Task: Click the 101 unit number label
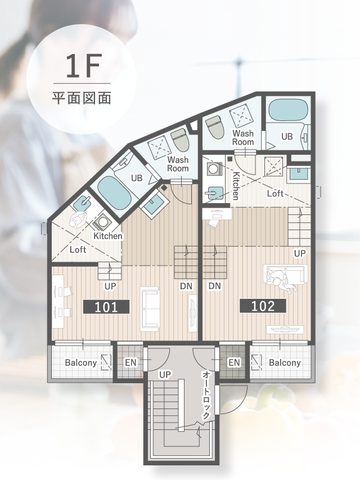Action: click(106, 307)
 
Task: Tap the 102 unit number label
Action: click(263, 306)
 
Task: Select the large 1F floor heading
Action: click(82, 66)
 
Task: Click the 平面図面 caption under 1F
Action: click(82, 98)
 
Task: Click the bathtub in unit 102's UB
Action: click(287, 109)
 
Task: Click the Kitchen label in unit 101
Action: click(108, 236)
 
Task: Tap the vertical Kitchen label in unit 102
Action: click(236, 186)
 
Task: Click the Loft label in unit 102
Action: click(275, 194)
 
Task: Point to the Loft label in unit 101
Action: click(78, 249)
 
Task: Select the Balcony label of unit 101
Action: click(81, 363)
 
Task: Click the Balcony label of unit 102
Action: click(285, 363)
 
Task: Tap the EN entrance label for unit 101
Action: click(130, 363)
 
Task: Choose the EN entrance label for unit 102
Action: click(234, 363)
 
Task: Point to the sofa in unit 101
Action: click(150, 309)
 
